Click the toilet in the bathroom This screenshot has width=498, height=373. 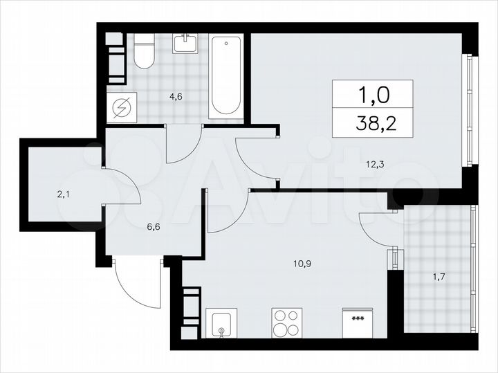coord(144,53)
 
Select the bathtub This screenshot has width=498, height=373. coord(225,75)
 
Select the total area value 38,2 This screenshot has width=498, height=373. coord(372,123)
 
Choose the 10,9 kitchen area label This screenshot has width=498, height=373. coord(302,263)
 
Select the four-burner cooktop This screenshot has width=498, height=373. coord(287,322)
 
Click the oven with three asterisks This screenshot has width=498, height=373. coord(358,322)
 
